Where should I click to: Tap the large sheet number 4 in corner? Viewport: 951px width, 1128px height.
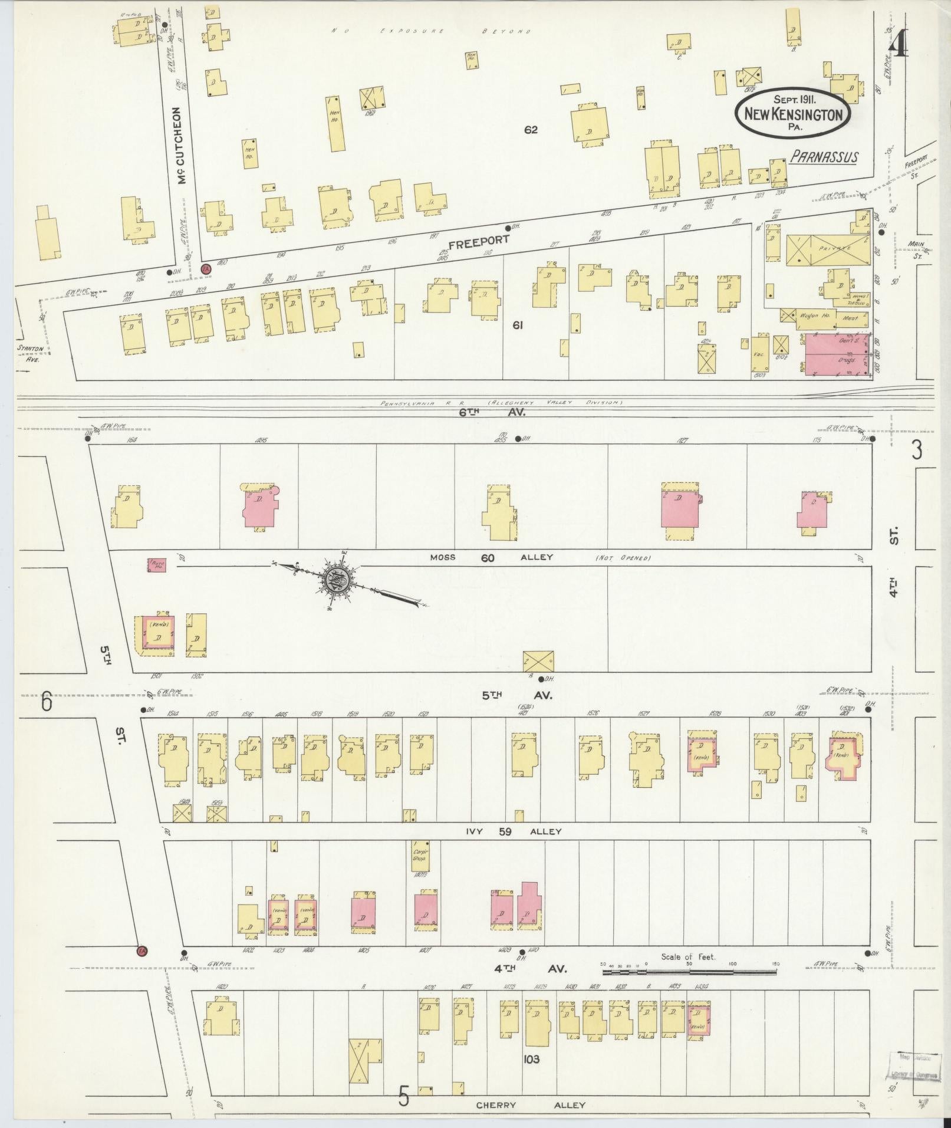point(899,44)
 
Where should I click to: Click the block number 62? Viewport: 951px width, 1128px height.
point(531,130)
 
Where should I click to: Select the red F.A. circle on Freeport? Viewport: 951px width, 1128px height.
point(206,268)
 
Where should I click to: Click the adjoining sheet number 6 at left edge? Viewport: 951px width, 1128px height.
point(47,703)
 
